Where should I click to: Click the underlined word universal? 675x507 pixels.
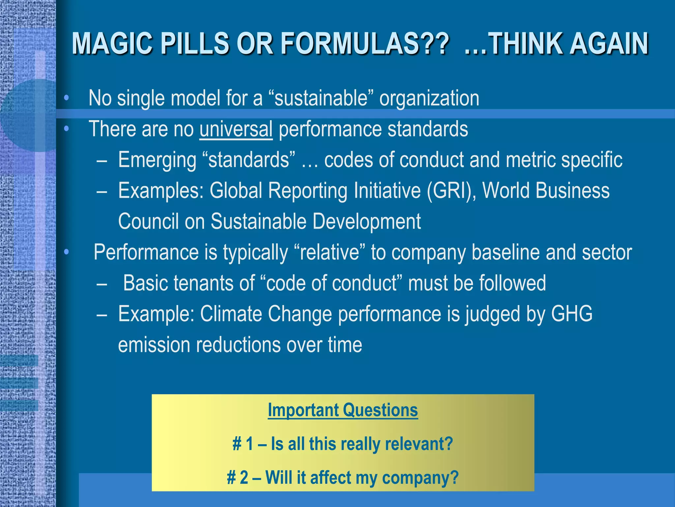pos(236,129)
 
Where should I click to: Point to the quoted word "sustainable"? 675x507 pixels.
pos(321,98)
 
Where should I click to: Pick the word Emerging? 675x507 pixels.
pos(157,160)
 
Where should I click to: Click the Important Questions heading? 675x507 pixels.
pos(343,410)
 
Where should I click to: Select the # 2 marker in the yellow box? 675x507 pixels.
pos(237,478)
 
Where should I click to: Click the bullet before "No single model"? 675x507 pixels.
pos(67,98)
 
